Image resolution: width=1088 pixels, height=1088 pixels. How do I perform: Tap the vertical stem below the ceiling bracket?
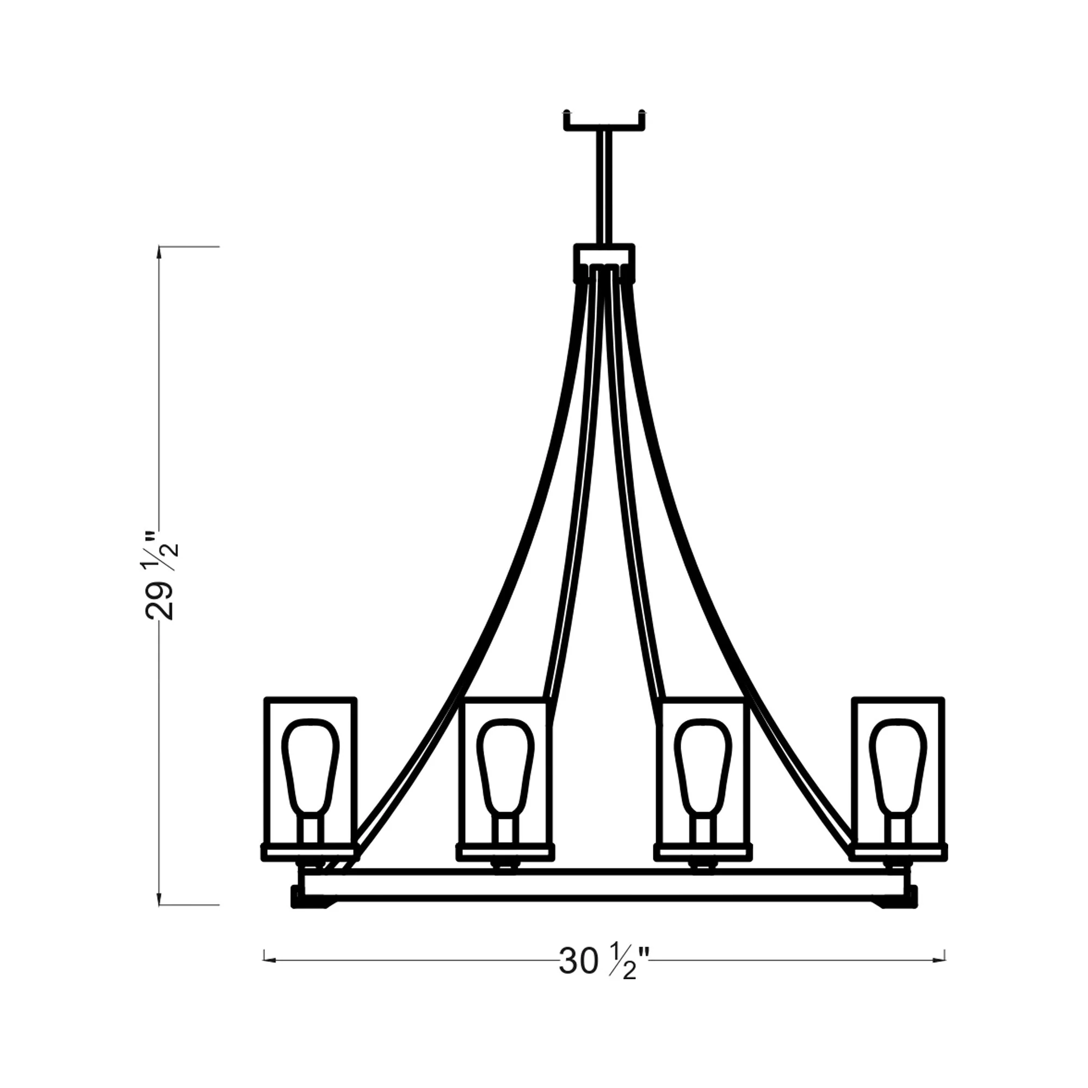click(604, 188)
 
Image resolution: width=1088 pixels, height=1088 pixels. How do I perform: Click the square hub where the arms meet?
click(604, 263)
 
